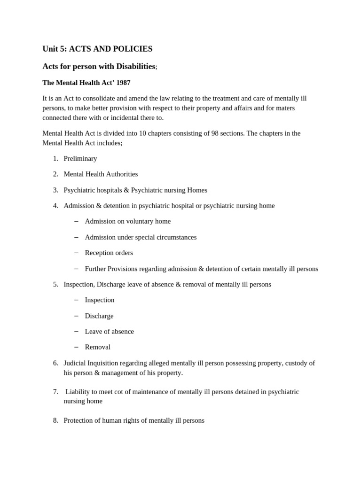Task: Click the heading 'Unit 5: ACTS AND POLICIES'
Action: tap(97, 49)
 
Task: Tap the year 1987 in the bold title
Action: tap(123, 83)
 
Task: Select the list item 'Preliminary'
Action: tap(80, 158)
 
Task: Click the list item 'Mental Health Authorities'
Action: tap(101, 174)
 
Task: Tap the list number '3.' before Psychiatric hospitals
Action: tap(55, 190)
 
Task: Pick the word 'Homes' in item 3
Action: tap(197, 190)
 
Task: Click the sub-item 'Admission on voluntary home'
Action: tap(127, 221)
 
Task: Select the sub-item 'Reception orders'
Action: tap(109, 253)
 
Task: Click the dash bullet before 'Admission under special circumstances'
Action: tap(76, 237)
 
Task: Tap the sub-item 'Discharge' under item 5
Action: tap(99, 316)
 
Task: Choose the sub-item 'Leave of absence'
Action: tap(109, 331)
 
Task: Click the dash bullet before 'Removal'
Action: tap(76, 347)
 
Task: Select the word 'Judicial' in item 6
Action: tap(76, 363)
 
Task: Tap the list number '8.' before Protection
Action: tap(55, 420)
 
